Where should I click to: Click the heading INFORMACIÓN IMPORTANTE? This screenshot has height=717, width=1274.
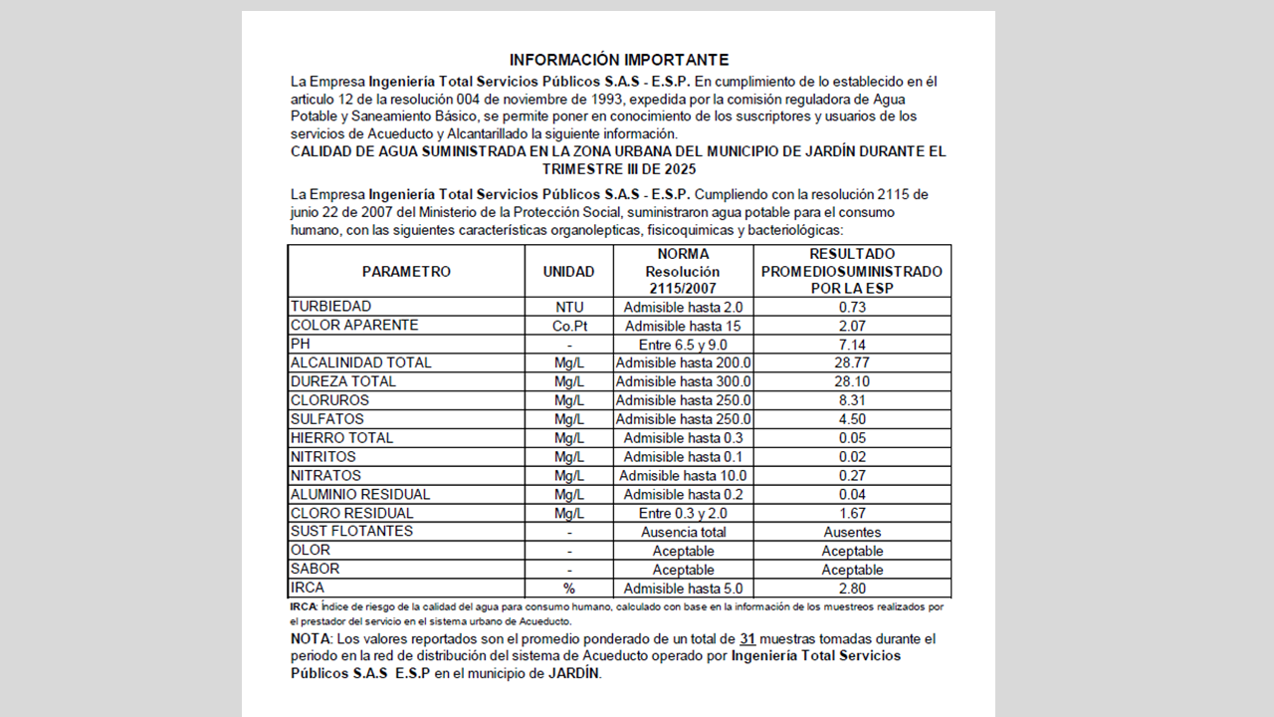coord(618,61)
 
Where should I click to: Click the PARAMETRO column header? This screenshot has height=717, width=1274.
coord(406,272)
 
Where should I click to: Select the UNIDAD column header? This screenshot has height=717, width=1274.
coord(568,272)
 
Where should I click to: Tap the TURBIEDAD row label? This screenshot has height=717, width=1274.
coord(330,307)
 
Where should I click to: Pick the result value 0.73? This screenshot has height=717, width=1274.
coord(852,308)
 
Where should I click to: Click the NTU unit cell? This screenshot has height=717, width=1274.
coord(569,308)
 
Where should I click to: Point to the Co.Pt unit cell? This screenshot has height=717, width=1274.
coord(569,326)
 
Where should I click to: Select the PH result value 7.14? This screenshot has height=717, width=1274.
coord(852,345)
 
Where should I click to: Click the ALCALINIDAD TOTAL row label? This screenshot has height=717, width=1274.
coord(361,363)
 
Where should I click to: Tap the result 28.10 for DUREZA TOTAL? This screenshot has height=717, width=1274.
coord(852,382)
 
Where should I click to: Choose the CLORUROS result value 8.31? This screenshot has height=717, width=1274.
coord(852,400)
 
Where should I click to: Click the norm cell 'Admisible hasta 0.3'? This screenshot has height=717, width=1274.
coord(683,438)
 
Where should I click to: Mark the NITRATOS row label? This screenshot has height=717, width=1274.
coord(325,476)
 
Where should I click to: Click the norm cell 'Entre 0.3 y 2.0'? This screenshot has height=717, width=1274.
coord(683,514)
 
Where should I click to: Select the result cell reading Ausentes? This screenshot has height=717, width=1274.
coord(852,533)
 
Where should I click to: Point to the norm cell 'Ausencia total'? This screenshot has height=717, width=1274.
coord(683,533)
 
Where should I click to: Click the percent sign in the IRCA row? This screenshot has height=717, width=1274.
coord(569,589)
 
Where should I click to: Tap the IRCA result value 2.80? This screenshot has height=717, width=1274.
coord(852,589)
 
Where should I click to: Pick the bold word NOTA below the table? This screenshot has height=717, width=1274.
coord(311,639)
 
